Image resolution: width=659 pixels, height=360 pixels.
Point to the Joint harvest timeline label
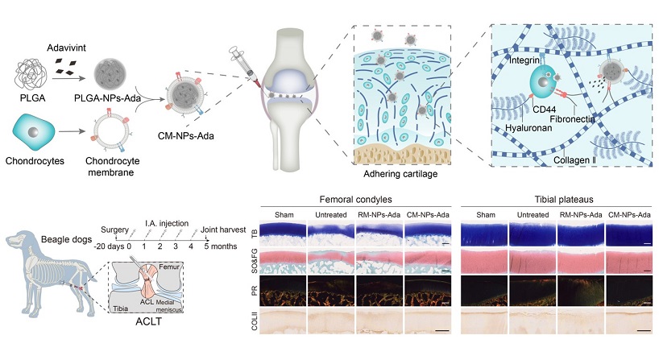221,229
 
